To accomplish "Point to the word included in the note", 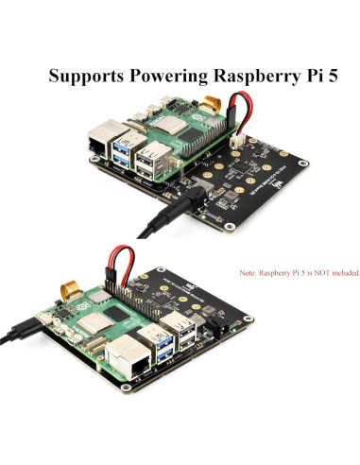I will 342,272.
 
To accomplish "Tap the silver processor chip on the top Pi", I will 170,127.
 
